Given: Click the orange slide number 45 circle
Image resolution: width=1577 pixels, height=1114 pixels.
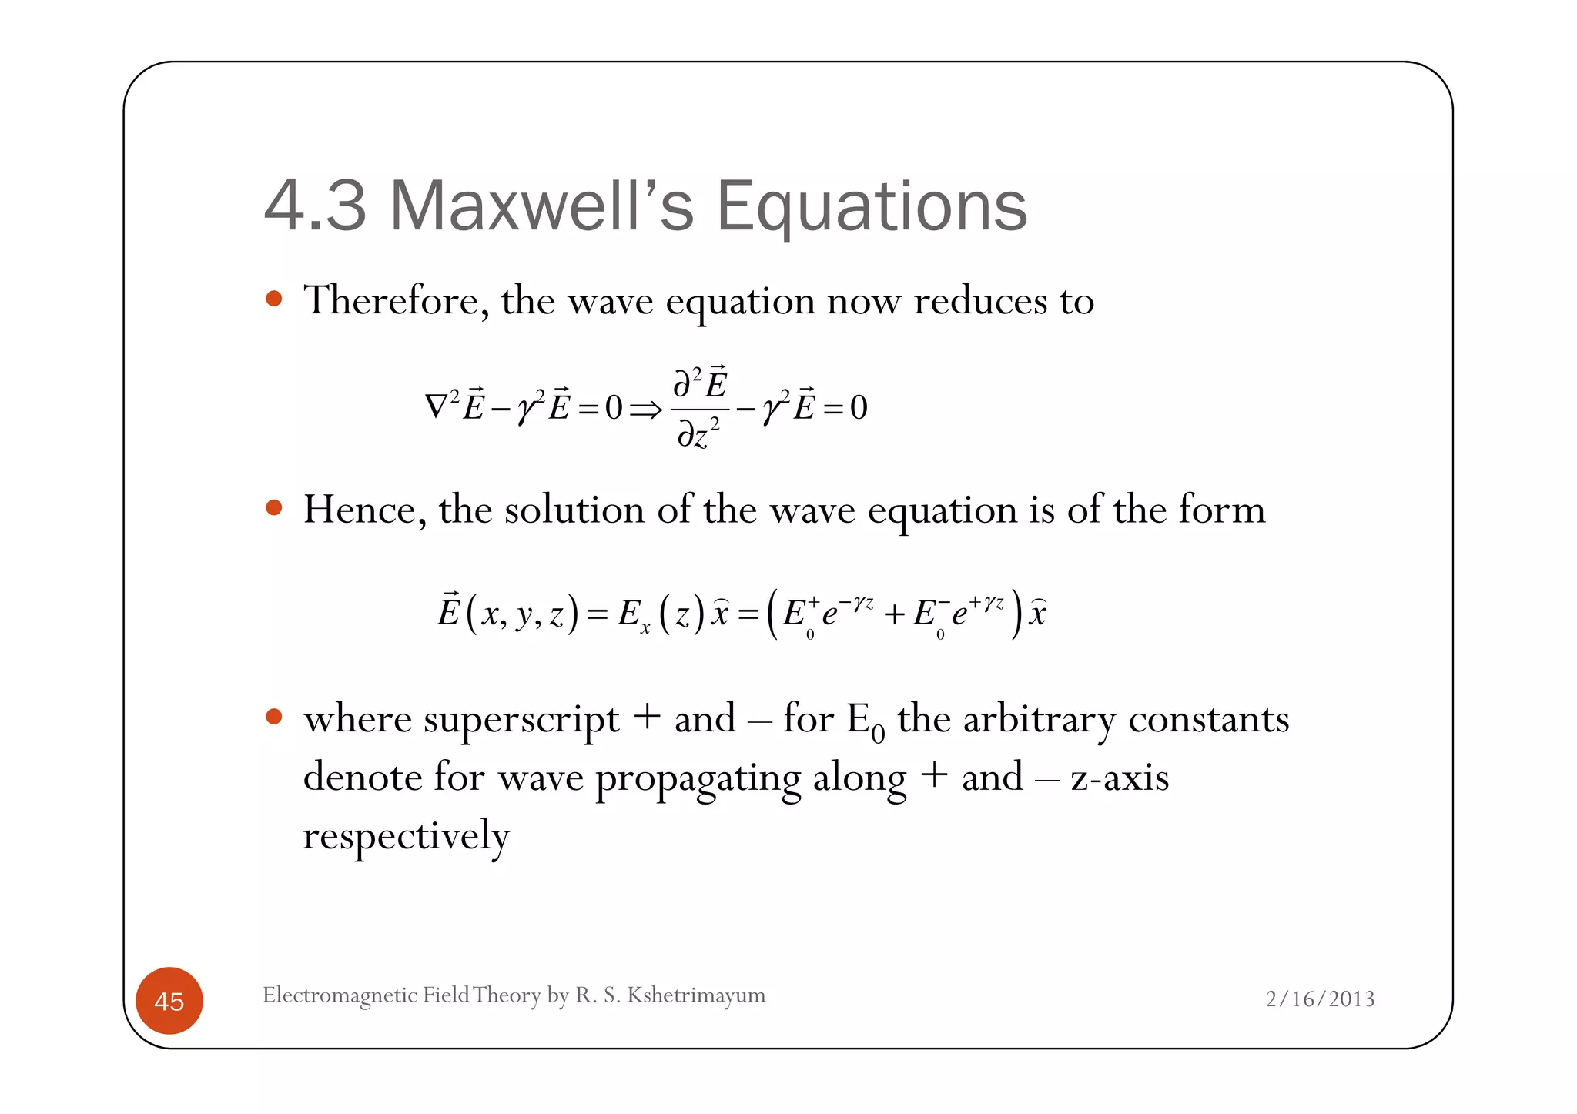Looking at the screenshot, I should (169, 1001).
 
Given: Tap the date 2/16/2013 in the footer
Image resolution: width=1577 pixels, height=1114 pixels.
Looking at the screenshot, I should (1320, 999).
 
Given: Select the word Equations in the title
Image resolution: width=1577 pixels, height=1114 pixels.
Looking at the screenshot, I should (872, 206).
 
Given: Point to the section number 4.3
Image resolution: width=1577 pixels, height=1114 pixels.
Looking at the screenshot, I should (315, 206).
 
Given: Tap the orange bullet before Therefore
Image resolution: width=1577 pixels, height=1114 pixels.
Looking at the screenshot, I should (273, 299).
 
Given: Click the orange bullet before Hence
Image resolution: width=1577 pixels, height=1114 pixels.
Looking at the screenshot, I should (273, 508).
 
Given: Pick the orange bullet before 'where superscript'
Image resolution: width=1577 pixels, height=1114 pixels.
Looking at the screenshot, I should (273, 718).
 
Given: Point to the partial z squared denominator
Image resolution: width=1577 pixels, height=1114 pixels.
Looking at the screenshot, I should (698, 434).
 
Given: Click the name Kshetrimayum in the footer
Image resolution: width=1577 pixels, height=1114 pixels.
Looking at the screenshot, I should (696, 995).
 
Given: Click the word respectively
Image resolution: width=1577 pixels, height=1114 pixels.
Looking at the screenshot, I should (406, 837).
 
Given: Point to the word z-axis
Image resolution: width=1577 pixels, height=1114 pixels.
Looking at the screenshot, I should (1120, 778).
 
